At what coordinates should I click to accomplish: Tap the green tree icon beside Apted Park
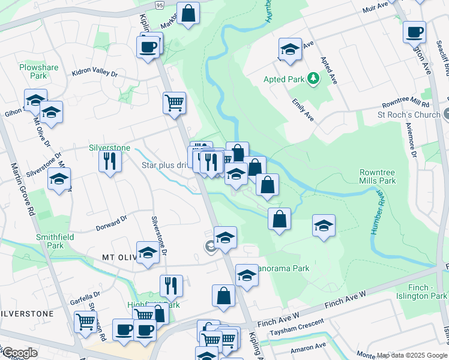pos(312,79)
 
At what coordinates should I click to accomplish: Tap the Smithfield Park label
pos(50,241)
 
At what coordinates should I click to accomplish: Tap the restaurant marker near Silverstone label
pos(110,160)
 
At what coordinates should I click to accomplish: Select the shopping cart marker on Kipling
pos(173,102)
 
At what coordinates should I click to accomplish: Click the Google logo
pos(20,353)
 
